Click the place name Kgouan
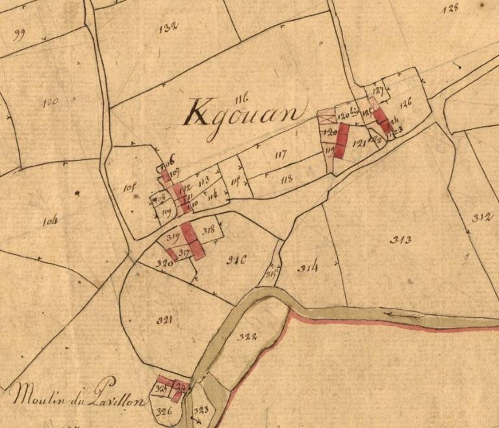(x=244, y=113)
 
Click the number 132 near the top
(x=168, y=27)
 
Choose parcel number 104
(x=50, y=221)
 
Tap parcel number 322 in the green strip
(x=248, y=336)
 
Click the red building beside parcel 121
(x=342, y=138)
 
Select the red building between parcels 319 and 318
(x=190, y=240)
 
